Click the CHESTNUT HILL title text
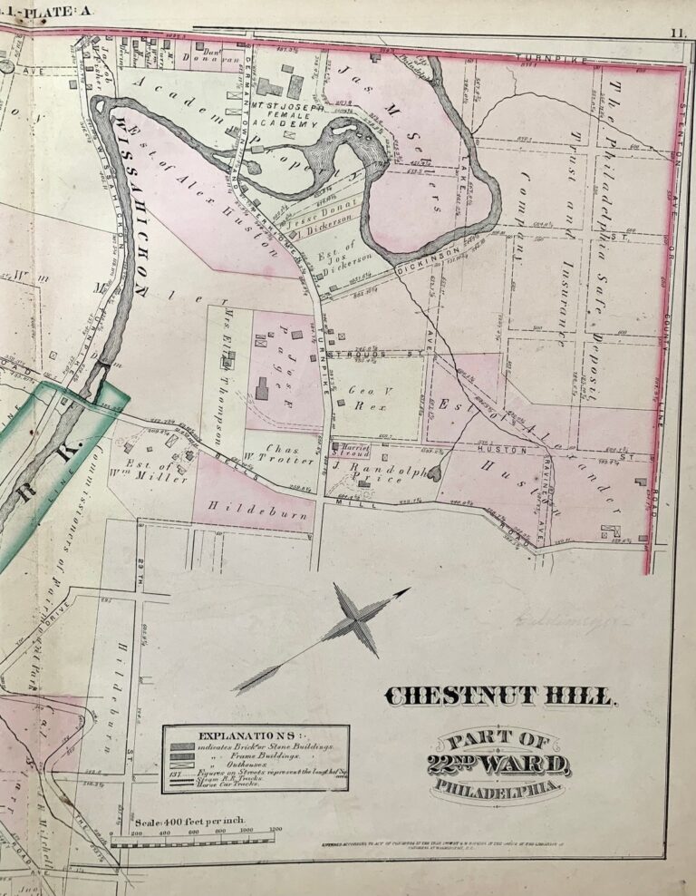(501, 696)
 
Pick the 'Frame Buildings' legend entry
(241, 755)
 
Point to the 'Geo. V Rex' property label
(361, 396)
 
